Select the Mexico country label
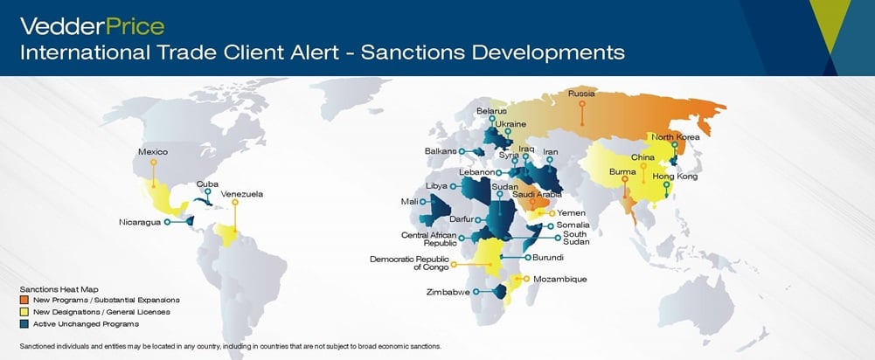tap(153, 151)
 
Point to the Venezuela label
tap(242, 193)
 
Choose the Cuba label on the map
tap(207, 183)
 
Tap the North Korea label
tap(676, 136)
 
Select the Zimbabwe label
tap(449, 292)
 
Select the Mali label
tap(408, 201)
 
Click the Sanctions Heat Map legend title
tap(56, 288)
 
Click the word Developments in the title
tap(549, 52)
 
